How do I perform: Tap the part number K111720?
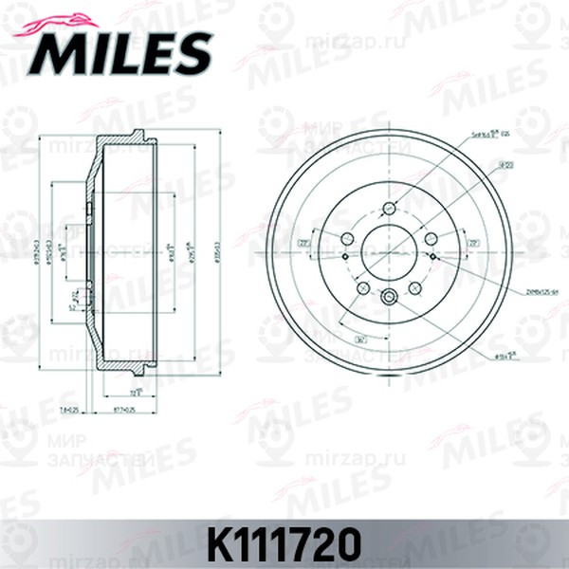(284, 542)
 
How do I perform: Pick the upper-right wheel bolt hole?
(431, 238)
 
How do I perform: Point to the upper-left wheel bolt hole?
(347, 238)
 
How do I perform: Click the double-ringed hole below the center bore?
(390, 299)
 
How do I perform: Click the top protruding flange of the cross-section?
(137, 134)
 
